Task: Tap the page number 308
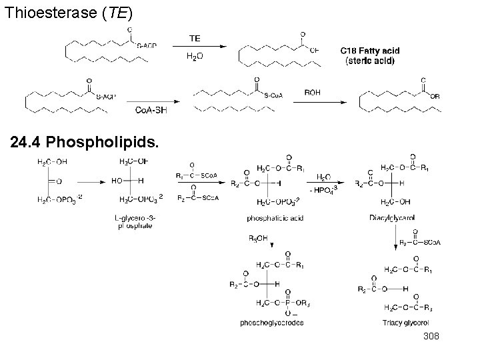pos(433,340)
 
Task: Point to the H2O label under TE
pos(195,56)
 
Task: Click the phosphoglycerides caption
pos(271,323)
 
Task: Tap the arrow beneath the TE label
pos(196,47)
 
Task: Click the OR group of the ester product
pos(435,95)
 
